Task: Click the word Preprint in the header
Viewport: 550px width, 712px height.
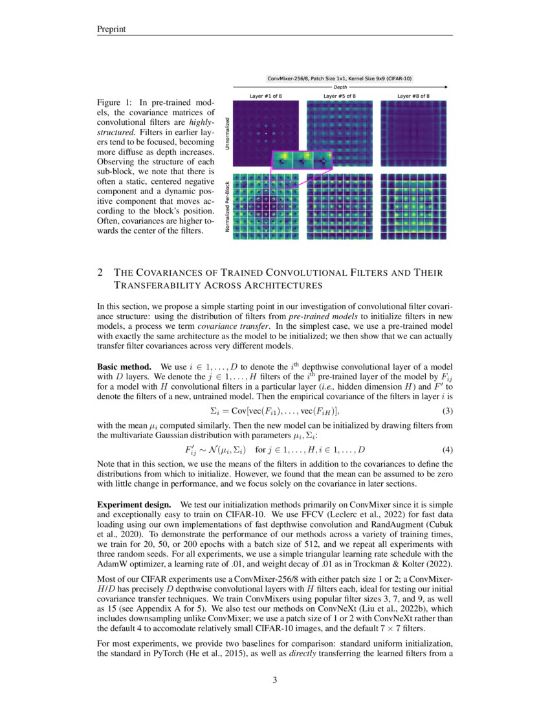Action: click(111, 28)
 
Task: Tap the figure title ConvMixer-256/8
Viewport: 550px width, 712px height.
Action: click(340, 78)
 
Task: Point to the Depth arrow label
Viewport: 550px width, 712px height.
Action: click(340, 86)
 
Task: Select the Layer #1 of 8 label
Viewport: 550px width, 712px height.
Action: click(266, 96)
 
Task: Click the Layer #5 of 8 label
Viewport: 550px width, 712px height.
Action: click(340, 96)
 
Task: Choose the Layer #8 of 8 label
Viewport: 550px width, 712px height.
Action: click(413, 96)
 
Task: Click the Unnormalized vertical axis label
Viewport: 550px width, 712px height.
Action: click(227, 134)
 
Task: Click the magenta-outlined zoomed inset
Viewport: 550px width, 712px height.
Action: click(302, 160)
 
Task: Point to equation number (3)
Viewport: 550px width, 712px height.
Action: click(447, 410)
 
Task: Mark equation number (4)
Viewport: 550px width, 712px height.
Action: click(447, 449)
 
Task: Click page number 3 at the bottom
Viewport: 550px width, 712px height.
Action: click(275, 680)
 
